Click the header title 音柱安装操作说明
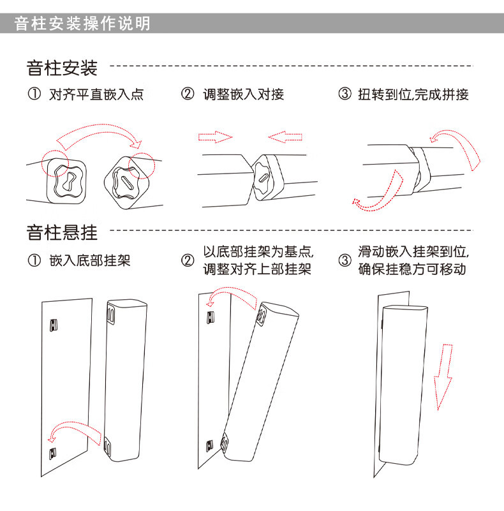(82, 24)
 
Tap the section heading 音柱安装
(62, 68)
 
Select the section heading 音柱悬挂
(62, 232)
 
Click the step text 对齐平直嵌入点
(96, 94)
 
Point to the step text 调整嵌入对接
(244, 94)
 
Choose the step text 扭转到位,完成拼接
(413, 94)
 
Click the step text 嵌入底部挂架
(89, 260)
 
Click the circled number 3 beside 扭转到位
(345, 94)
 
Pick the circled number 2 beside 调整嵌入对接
(188, 94)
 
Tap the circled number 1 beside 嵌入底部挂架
(33, 260)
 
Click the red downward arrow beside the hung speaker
(443, 376)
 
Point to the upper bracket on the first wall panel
(54, 325)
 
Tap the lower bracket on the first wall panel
(53, 453)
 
